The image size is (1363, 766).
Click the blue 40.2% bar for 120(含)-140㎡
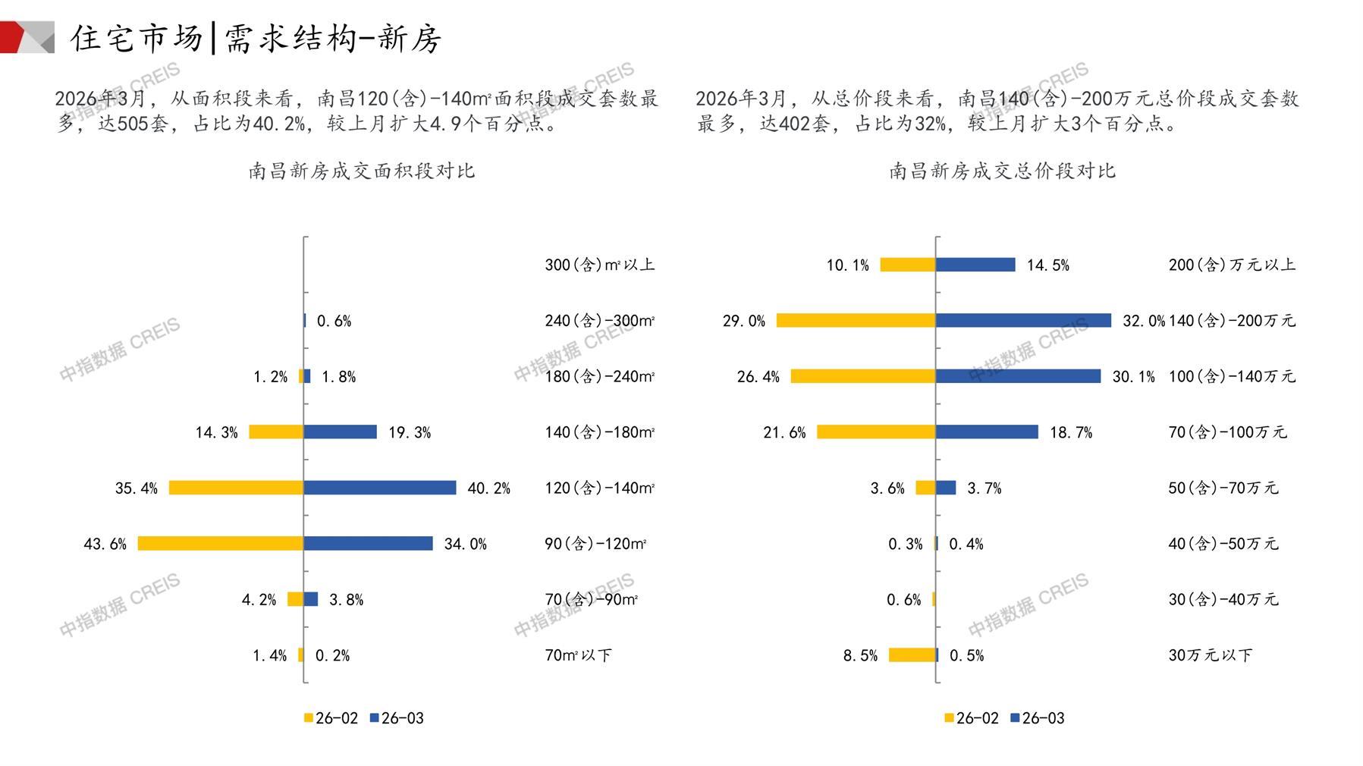click(x=379, y=488)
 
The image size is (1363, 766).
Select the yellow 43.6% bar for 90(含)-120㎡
click(x=220, y=544)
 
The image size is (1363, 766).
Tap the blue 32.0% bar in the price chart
click(x=1022, y=321)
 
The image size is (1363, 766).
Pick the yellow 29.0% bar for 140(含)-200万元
click(x=856, y=321)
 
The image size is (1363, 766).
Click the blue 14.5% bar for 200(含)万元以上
click(x=975, y=265)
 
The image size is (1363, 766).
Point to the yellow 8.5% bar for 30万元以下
click(x=912, y=655)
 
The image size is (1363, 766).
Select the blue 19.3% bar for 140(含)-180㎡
click(x=340, y=432)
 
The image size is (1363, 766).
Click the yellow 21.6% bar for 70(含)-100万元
click(x=875, y=432)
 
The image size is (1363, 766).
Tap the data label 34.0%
click(x=465, y=544)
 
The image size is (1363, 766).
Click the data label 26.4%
click(x=758, y=376)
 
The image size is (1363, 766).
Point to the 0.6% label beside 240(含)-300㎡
click(x=334, y=321)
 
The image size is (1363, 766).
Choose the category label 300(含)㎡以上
click(x=599, y=265)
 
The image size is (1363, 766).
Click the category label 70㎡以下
click(x=578, y=655)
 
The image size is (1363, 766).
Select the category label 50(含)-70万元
click(x=1223, y=488)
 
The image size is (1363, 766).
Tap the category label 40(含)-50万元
click(x=1223, y=544)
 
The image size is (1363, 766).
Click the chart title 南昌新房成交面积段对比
click(x=362, y=171)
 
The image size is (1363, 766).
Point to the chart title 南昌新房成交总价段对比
click(x=1002, y=171)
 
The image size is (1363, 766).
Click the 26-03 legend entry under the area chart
click(x=397, y=718)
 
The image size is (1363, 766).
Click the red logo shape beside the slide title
click(x=14, y=37)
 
